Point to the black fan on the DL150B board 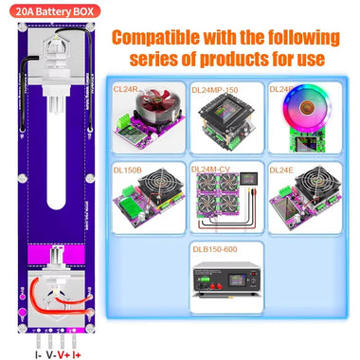pos(152,200)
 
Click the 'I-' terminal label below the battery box pos(38,354)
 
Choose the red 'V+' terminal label pos(63,354)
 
